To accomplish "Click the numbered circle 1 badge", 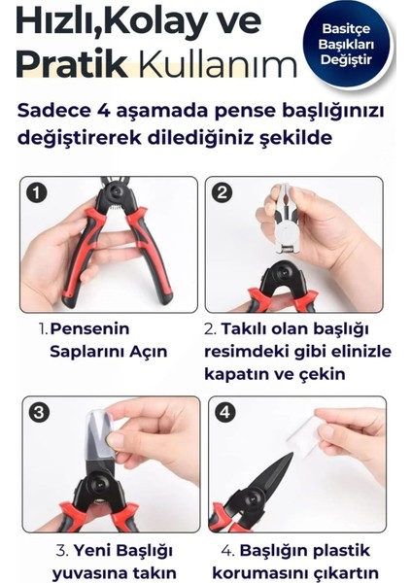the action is tap(37, 193).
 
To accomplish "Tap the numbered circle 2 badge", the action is tap(222, 193).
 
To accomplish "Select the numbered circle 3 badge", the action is tap(39, 413).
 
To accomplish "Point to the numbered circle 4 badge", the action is tap(224, 413).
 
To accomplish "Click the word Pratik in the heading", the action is tap(72, 65).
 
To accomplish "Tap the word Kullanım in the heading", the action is tap(218, 65).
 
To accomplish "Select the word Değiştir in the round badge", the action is tap(346, 60).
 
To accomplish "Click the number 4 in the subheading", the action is tap(103, 111).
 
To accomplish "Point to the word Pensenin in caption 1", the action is tap(89, 328).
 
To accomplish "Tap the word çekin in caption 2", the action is tap(323, 374).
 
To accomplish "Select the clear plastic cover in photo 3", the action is tap(99, 434).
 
